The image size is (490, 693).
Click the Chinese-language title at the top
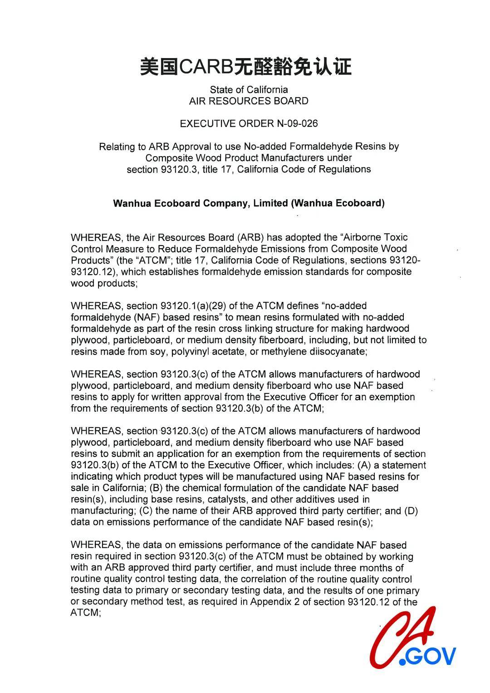[x=245, y=67]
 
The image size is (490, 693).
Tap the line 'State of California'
[x=249, y=89]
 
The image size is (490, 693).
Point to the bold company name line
[x=249, y=203]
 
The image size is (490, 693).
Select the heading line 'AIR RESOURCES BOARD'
[x=249, y=101]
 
